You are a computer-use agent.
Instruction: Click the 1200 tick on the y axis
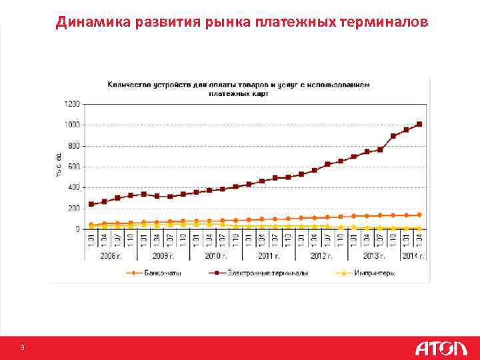(x=72, y=104)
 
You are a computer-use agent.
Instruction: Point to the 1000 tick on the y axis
(x=72, y=125)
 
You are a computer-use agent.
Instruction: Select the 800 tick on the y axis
(x=73, y=145)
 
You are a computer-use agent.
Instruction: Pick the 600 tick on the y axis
(x=73, y=167)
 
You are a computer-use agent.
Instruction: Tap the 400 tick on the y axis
(x=73, y=187)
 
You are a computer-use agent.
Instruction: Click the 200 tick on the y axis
(x=73, y=208)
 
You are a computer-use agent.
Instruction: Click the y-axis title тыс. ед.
(x=59, y=166)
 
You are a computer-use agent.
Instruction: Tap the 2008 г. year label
(x=111, y=256)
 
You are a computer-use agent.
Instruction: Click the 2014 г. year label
(x=413, y=256)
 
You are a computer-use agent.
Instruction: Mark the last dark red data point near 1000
(x=419, y=124)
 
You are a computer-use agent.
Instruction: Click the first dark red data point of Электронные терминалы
(x=91, y=204)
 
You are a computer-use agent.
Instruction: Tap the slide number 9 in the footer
(x=23, y=348)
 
